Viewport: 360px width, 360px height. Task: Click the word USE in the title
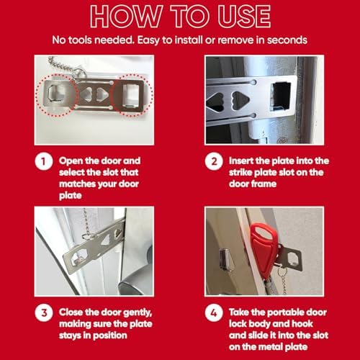pyautogui.click(x=244, y=16)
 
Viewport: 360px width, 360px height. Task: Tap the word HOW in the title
pyautogui.click(x=126, y=16)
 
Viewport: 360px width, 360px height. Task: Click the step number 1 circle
pyautogui.click(x=44, y=161)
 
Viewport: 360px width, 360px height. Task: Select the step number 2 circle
pyautogui.click(x=214, y=161)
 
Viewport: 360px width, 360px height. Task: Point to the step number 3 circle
pyautogui.click(x=44, y=313)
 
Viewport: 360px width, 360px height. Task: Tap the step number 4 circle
pyautogui.click(x=214, y=313)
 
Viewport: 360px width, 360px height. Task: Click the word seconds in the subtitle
pyautogui.click(x=287, y=40)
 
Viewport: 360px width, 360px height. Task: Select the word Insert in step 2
pyautogui.click(x=240, y=161)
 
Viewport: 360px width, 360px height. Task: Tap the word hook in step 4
pyautogui.click(x=302, y=324)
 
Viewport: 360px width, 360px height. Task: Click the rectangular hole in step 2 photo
pyautogui.click(x=281, y=96)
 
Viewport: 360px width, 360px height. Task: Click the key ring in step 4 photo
pyautogui.click(x=282, y=272)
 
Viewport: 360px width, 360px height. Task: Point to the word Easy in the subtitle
pyautogui.click(x=148, y=40)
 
